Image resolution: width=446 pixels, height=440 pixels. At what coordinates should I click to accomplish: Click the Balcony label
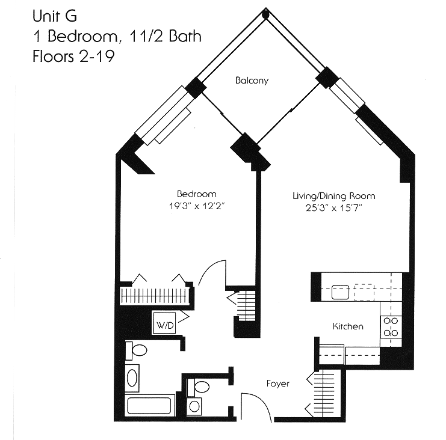click(x=252, y=81)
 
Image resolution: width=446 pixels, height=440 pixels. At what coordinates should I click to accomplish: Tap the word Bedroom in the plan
click(x=196, y=194)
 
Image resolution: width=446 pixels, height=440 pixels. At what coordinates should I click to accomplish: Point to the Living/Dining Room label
click(x=333, y=196)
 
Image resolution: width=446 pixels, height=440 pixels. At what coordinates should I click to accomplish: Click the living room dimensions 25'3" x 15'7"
click(x=333, y=208)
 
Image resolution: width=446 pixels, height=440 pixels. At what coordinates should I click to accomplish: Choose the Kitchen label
click(x=348, y=326)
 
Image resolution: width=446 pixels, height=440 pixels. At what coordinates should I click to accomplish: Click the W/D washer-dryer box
click(x=166, y=325)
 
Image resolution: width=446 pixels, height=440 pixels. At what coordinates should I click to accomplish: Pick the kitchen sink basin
click(x=340, y=292)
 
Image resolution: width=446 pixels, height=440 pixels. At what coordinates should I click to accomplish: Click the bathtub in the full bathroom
click(x=150, y=406)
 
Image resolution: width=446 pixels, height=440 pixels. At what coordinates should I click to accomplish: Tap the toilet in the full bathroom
click(x=138, y=349)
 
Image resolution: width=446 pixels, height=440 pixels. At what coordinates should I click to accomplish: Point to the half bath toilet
click(x=201, y=386)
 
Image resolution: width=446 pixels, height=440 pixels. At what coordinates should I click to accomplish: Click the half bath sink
click(x=194, y=406)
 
